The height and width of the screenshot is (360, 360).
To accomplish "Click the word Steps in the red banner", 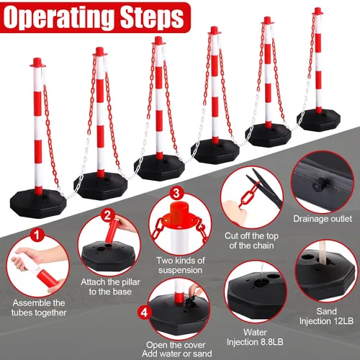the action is click(152, 17).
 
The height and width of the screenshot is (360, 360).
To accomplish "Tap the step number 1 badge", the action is click(37, 235).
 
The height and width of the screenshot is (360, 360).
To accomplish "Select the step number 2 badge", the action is click(107, 215).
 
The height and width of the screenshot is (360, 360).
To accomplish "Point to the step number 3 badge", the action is click(176, 193).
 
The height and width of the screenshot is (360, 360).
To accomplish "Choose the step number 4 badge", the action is click(144, 312).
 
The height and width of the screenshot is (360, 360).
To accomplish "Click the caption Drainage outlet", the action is click(323, 219).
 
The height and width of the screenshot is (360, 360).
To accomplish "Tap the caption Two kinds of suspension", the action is click(181, 265).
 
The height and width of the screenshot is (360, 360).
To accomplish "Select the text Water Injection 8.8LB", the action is click(255, 337).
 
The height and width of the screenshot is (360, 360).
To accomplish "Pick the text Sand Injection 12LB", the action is click(326, 316).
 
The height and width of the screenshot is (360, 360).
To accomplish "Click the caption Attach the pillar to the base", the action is click(110, 287).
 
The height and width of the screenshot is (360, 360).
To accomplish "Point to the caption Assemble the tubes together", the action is click(39, 307).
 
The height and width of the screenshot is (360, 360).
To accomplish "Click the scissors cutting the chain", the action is click(265, 188).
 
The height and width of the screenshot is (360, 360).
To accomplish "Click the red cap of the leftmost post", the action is click(37, 63).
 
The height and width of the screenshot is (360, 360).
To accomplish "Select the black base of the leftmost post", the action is click(38, 204).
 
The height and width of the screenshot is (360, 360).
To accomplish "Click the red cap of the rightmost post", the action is click(318, 11).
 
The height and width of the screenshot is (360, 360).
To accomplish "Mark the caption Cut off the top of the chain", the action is click(251, 240).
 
